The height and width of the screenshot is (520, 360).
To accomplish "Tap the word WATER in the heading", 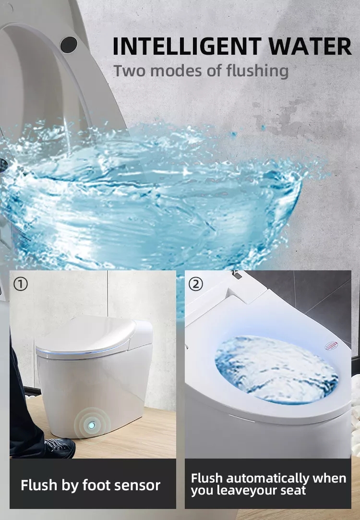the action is [310, 46].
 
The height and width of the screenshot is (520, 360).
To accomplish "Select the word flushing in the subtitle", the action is [257, 71].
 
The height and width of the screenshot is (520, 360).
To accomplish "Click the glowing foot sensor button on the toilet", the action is [92, 425].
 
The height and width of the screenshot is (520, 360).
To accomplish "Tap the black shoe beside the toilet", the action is [60, 447].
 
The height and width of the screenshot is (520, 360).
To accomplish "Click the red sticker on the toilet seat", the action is [331, 346].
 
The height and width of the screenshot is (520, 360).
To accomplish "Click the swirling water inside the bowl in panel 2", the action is [276, 369].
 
